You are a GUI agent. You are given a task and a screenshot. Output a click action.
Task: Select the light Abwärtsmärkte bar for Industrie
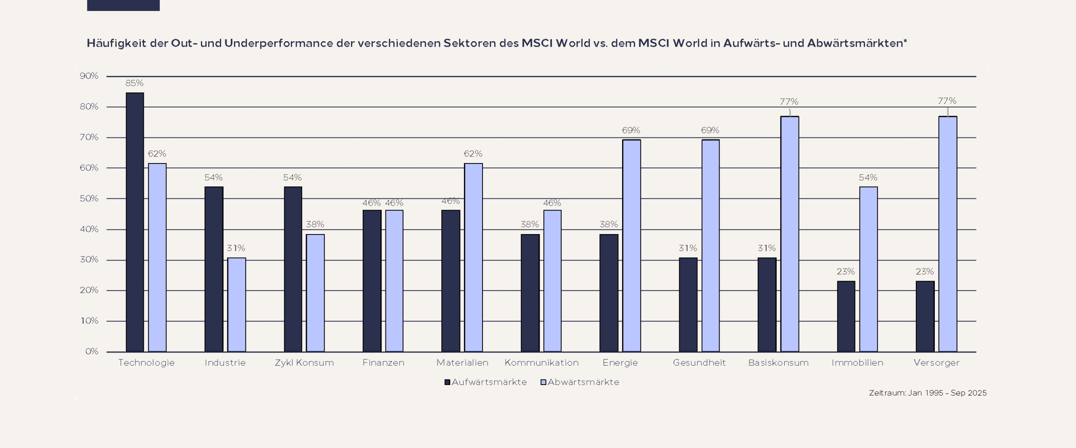pos(237,305)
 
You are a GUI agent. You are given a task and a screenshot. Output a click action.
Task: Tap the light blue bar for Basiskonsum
pos(790,234)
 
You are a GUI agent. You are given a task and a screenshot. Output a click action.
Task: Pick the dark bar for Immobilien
pos(846,316)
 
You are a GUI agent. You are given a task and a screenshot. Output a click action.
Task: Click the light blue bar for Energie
pos(631,245)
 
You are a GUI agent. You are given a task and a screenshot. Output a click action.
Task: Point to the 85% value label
pos(134,83)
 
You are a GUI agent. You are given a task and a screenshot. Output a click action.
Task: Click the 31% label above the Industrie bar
pos(236,248)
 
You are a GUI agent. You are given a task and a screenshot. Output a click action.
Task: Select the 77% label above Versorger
pos(947,101)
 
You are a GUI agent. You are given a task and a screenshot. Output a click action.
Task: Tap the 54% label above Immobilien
pos(868,178)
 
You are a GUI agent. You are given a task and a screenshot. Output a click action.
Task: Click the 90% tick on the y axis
pos(89,76)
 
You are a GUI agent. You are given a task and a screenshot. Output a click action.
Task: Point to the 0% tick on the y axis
pos(92,351)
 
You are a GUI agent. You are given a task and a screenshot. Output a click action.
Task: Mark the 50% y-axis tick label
pos(89,198)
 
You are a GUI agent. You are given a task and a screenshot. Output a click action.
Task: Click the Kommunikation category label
pos(541,363)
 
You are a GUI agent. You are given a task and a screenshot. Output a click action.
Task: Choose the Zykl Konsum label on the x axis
pos(304,363)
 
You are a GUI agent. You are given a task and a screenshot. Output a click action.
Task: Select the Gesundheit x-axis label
pos(699,363)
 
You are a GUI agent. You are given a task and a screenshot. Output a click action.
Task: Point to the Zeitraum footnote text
pos(928,393)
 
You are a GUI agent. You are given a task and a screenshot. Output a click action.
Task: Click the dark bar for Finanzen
pos(372,281)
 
